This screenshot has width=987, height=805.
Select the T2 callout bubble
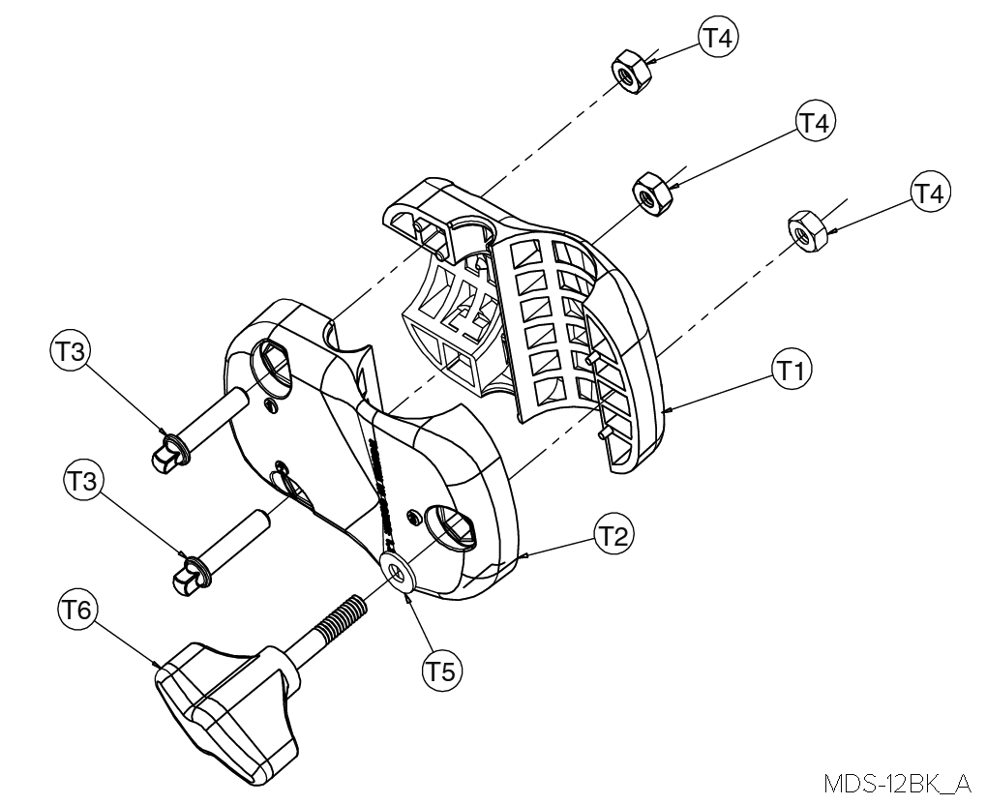pyautogui.click(x=612, y=537)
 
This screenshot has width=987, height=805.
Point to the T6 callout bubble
pyautogui.click(x=75, y=611)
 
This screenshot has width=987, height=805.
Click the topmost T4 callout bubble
pyautogui.click(x=717, y=38)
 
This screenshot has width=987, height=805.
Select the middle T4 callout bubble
pyautogui.click(x=814, y=122)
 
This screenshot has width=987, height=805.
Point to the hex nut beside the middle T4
pyautogui.click(x=654, y=194)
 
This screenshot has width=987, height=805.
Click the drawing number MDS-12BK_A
pyautogui.click(x=897, y=782)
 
